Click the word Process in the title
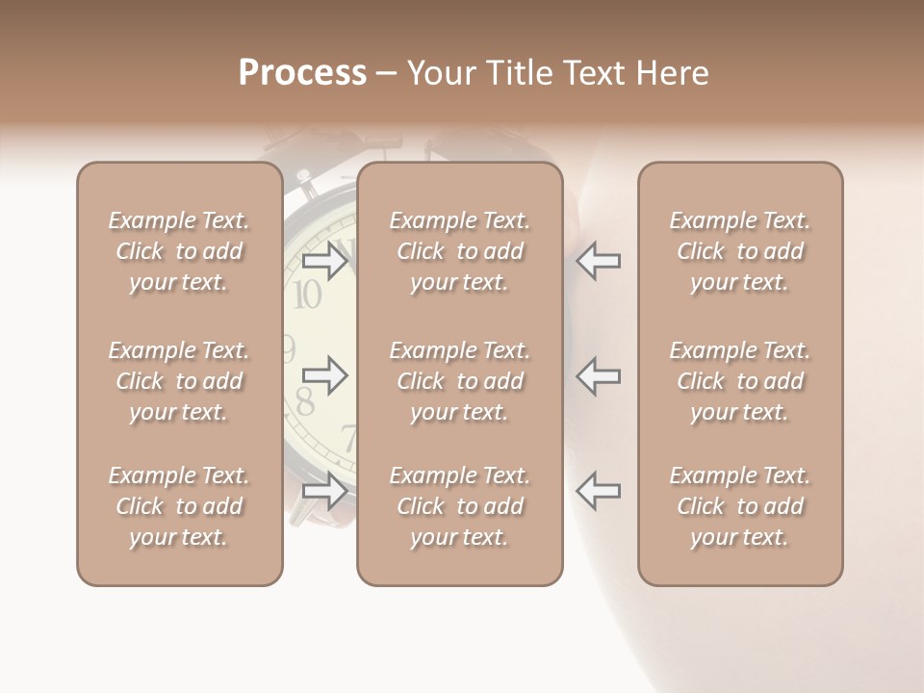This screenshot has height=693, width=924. pyautogui.click(x=302, y=73)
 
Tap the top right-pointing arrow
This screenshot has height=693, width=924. pyautogui.click(x=324, y=261)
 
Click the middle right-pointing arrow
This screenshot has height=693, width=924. pyautogui.click(x=324, y=375)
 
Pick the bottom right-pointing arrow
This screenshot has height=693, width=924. pyautogui.click(x=324, y=491)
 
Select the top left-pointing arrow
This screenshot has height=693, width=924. pyautogui.click(x=598, y=261)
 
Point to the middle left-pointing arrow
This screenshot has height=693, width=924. pyautogui.click(x=598, y=375)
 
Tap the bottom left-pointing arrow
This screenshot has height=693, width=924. pyautogui.click(x=598, y=491)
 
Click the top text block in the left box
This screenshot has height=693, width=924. pyautogui.click(x=179, y=251)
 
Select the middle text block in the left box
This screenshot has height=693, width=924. pyautogui.click(x=179, y=381)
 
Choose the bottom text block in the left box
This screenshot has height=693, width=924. pyautogui.click(x=179, y=506)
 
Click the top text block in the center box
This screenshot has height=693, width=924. pyautogui.click(x=459, y=251)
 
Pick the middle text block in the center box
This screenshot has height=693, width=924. pyautogui.click(x=459, y=381)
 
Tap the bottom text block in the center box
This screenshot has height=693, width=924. pyautogui.click(x=459, y=506)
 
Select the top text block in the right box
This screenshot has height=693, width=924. pyautogui.click(x=740, y=251)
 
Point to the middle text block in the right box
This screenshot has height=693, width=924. pyautogui.click(x=740, y=381)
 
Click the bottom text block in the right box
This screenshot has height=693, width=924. pyautogui.click(x=740, y=506)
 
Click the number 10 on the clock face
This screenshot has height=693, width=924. pyautogui.click(x=306, y=295)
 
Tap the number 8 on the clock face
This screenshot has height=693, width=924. pyautogui.click(x=304, y=401)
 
